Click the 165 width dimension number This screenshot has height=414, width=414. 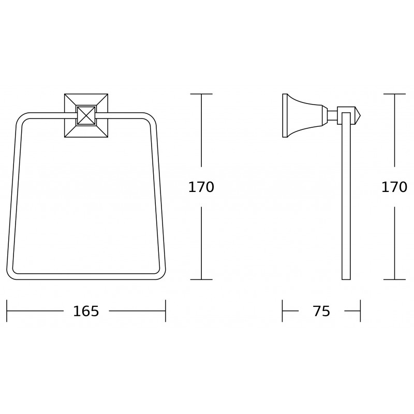[86, 311]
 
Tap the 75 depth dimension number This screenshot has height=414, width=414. [321, 311]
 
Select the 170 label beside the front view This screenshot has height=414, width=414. [201, 187]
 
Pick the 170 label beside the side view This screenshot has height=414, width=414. [394, 187]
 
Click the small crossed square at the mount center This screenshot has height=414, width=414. [86, 115]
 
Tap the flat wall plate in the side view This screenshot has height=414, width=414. [285, 115]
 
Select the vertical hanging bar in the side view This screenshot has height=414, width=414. [346, 202]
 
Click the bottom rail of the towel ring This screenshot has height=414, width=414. [86, 276]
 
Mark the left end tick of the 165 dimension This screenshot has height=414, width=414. [7, 311]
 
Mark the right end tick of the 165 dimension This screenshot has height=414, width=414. [166, 311]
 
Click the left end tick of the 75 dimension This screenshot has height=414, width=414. [283, 311]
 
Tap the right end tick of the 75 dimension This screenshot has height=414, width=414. [360, 311]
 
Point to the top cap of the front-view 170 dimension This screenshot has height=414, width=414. [201, 94]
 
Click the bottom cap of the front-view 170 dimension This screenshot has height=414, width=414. [201, 279]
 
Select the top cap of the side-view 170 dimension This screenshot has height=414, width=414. [395, 94]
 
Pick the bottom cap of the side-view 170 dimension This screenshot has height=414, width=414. [395, 279]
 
